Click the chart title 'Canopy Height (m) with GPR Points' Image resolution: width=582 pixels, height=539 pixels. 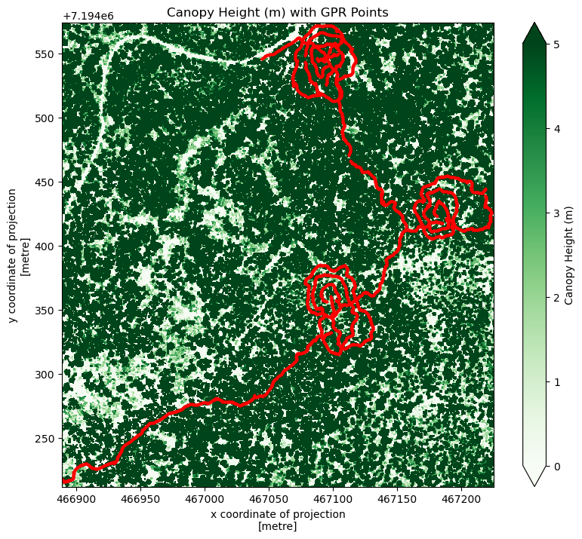(278, 11)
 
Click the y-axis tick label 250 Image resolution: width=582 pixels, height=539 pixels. (47, 439)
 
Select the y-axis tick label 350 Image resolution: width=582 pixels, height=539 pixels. (47, 311)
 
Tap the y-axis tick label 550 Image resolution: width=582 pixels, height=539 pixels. (47, 55)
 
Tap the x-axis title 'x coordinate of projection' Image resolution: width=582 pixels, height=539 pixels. (278, 514)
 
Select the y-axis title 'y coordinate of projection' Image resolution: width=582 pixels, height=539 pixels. (14, 255)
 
